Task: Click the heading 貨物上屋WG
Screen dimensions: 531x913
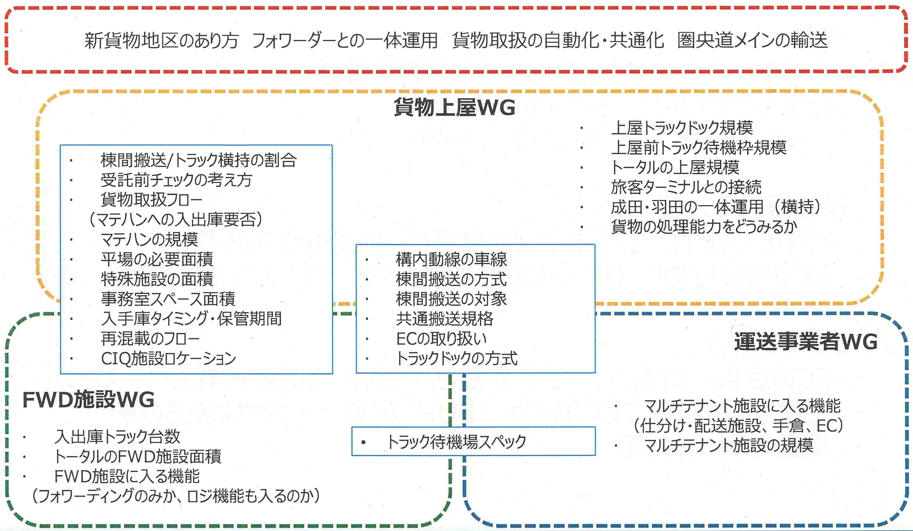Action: point(454,107)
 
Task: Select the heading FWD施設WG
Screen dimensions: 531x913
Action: point(88,400)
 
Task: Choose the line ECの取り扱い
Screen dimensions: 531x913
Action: point(441,339)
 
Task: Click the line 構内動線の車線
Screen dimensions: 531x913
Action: point(451,259)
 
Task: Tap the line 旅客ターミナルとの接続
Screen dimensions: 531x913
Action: point(686,187)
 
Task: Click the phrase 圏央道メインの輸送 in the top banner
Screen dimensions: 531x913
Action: point(753,40)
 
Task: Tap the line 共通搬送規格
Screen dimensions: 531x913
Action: point(445,319)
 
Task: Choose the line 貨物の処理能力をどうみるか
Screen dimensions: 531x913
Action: point(704,227)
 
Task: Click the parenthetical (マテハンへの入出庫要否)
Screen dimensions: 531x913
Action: point(176,219)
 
